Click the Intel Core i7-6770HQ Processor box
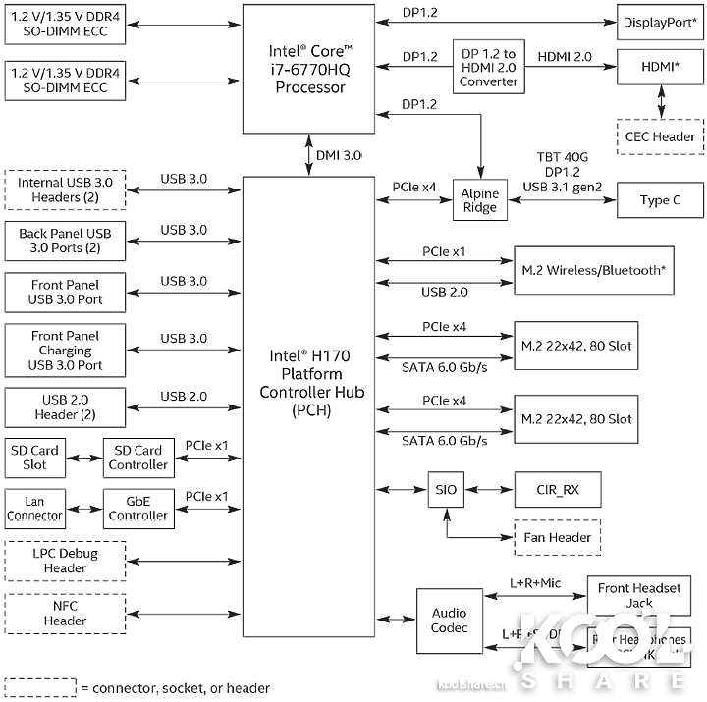[308, 69]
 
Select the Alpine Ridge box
[480, 200]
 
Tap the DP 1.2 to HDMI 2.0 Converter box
[488, 67]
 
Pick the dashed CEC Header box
[660, 136]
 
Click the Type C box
[659, 200]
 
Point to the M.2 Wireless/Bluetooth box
[594, 270]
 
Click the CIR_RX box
[557, 489]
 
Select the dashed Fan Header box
[557, 537]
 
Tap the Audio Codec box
[449, 621]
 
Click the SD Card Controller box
[138, 458]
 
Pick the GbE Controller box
[138, 507]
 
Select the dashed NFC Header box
[65, 614]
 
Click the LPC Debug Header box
[65, 561]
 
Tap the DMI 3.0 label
[340, 155]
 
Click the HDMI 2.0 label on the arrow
[564, 58]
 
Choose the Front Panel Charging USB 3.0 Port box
[66, 351]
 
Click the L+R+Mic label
[534, 583]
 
